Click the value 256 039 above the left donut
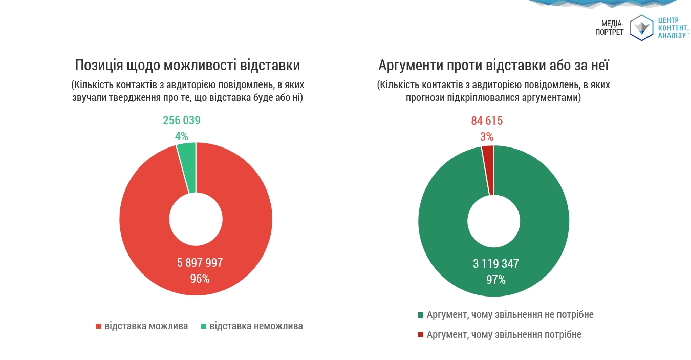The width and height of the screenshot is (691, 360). [x=182, y=121]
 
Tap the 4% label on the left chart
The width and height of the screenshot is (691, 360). [x=182, y=137]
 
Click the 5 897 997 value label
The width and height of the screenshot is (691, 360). [x=200, y=263]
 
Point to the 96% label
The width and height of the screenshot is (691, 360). [x=200, y=279]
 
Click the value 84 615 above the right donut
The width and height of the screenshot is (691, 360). [x=487, y=121]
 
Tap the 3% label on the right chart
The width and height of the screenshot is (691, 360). [x=487, y=137]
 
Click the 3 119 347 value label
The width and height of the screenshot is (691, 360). [x=495, y=264]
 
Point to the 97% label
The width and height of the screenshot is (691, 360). [x=495, y=280]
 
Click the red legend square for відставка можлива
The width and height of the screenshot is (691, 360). [x=99, y=326]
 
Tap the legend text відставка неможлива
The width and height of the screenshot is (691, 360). [x=256, y=326]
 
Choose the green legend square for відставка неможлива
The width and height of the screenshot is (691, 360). [x=204, y=326]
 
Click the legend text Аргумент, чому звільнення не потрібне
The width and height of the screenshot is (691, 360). [x=510, y=315]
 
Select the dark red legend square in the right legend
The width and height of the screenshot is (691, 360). [x=421, y=335]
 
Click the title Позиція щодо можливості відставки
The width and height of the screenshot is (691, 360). [x=187, y=66]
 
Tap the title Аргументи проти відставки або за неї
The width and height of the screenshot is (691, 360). [x=493, y=66]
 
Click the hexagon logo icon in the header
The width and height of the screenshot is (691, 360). [x=642, y=28]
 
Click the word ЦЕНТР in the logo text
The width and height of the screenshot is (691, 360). [x=668, y=20]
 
